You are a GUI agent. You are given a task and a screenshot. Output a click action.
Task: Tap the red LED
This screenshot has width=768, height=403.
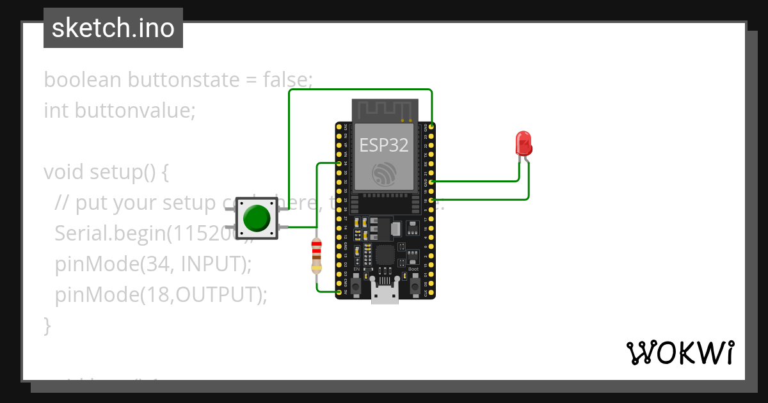pos(524,144)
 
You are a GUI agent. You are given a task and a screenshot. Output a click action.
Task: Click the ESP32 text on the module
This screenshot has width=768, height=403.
pos(383,145)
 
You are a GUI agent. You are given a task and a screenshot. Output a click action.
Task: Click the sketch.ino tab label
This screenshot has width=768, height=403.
pos(113,28)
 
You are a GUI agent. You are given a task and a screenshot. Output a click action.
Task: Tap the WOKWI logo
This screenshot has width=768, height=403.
pos(680,352)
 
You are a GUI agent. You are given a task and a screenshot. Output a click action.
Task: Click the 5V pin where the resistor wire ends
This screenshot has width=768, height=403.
pos(339,293)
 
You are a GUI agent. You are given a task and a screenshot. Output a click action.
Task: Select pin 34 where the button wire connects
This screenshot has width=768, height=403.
pos(339,164)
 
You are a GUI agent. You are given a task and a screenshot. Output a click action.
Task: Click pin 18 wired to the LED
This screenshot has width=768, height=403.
pos(432,200)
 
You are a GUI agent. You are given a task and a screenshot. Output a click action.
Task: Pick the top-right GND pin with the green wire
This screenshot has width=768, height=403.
pos(432,127)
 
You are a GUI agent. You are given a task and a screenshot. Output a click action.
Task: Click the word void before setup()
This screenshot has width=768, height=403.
pos(64,172)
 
